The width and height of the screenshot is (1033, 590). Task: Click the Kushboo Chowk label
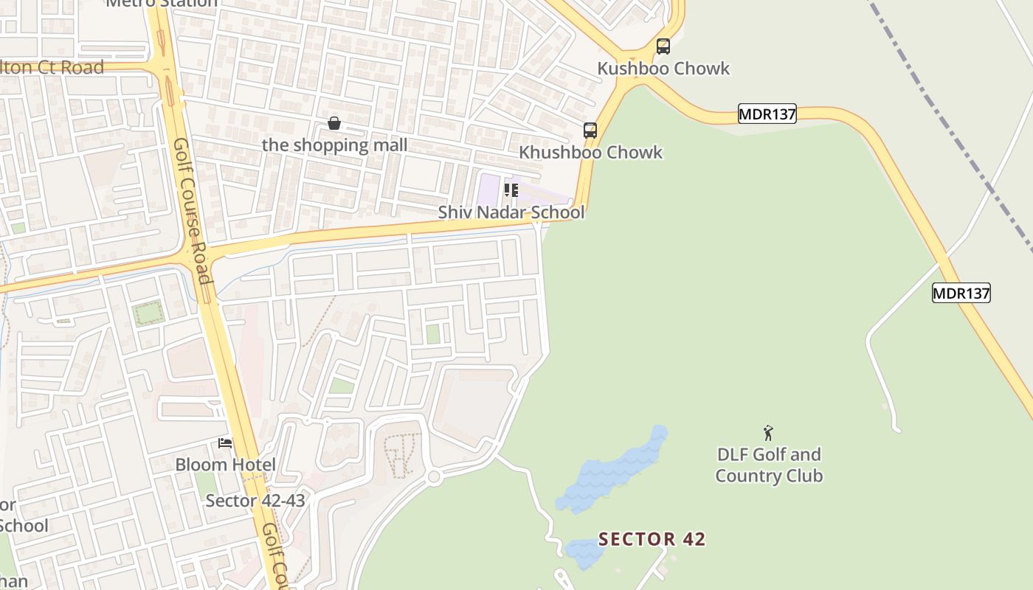click(x=663, y=69)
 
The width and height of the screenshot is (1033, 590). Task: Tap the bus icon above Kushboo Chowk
click(x=663, y=46)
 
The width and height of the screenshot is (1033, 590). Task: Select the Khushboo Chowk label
click(x=590, y=153)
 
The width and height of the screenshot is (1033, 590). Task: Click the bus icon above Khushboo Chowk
click(x=590, y=131)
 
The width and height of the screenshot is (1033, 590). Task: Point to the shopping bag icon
click(x=334, y=123)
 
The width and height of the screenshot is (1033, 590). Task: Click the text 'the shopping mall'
click(x=334, y=145)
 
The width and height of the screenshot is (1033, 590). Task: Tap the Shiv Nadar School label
click(x=511, y=212)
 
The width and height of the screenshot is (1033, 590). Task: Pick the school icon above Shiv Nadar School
click(x=511, y=191)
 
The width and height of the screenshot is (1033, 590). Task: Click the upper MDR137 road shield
click(x=767, y=114)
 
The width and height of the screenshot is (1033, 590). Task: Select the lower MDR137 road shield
click(x=961, y=293)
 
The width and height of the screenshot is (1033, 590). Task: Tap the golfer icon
click(x=768, y=433)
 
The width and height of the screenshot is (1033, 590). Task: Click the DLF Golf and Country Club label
click(x=769, y=465)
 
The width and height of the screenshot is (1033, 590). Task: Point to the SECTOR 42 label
click(x=652, y=539)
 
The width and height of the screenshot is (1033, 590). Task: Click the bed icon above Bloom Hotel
click(x=225, y=443)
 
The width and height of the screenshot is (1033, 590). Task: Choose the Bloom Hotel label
click(x=225, y=465)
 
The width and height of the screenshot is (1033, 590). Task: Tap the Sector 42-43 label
click(x=255, y=501)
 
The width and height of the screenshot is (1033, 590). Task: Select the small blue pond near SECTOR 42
click(x=585, y=552)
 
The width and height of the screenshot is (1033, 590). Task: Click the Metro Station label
click(x=162, y=3)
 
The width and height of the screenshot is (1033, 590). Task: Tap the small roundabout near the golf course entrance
click(x=434, y=477)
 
